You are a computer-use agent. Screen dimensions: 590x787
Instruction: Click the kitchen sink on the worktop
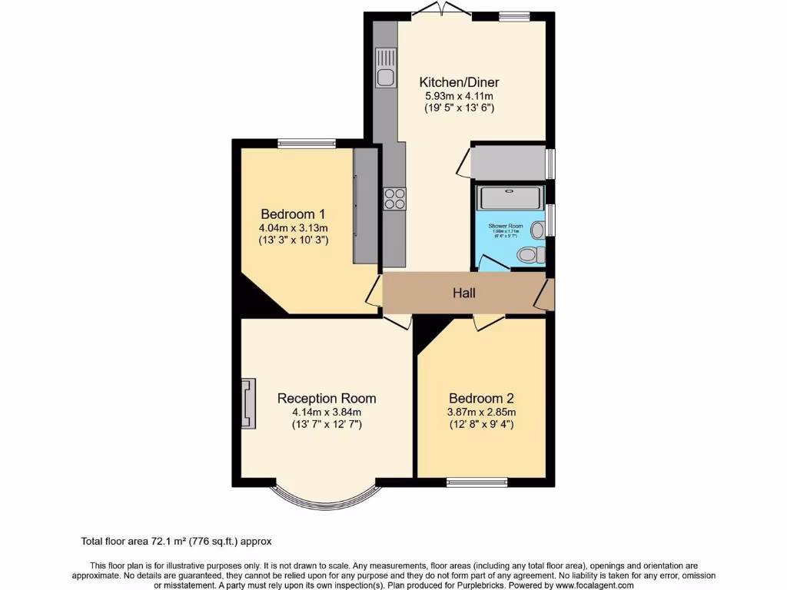(x=385, y=68)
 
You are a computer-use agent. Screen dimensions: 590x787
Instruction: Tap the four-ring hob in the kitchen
(x=395, y=198)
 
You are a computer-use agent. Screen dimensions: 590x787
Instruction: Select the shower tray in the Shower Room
(x=510, y=198)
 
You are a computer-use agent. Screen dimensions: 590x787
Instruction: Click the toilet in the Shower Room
(x=530, y=254)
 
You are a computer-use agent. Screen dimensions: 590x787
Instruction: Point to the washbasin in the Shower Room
(x=537, y=229)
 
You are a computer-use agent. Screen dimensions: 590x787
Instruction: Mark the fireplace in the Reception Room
(x=247, y=403)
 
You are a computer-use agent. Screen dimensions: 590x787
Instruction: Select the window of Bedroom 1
(x=307, y=143)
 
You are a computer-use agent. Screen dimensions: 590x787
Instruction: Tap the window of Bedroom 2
(x=477, y=482)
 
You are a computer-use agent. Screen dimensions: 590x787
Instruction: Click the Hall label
(x=463, y=293)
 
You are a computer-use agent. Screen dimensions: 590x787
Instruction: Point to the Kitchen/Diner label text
(x=459, y=82)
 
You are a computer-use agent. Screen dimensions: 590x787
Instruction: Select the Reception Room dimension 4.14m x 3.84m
(x=327, y=412)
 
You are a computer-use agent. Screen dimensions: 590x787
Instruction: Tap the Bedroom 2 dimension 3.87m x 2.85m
(x=481, y=412)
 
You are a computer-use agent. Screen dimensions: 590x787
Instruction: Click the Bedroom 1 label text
(x=293, y=214)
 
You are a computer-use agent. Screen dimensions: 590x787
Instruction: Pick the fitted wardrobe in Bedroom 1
(x=366, y=206)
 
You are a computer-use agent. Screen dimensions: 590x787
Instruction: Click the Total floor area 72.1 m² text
(x=176, y=541)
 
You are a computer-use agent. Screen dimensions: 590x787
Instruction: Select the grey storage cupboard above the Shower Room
(x=508, y=163)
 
